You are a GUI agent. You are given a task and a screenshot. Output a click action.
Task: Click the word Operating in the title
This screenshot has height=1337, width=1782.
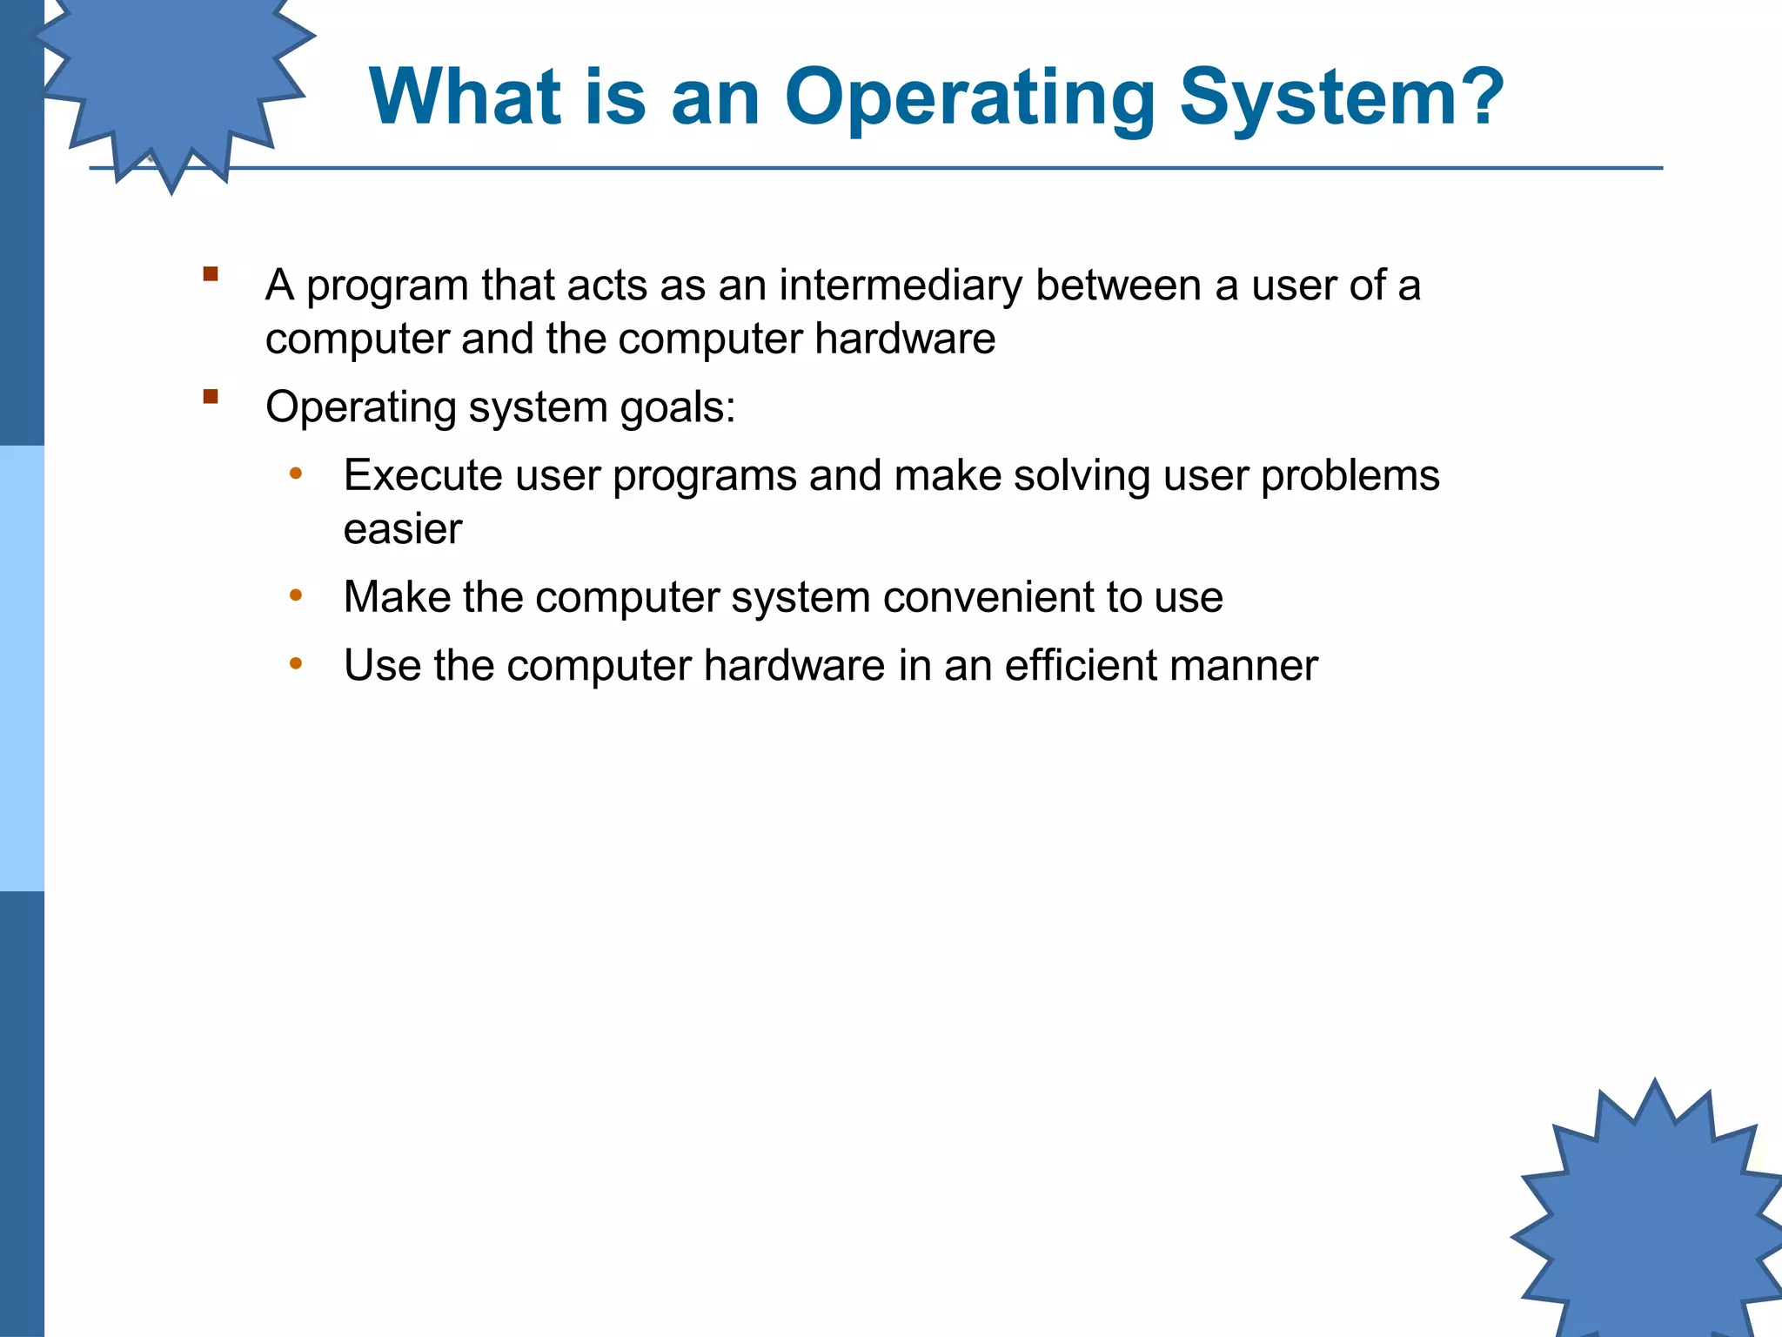coord(969,97)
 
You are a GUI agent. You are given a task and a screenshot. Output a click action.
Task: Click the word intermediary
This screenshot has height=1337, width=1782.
coord(901,286)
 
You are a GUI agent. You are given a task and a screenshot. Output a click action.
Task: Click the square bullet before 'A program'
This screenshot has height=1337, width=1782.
coord(210,274)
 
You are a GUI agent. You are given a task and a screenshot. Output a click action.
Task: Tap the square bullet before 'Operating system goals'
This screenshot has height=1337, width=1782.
coord(210,397)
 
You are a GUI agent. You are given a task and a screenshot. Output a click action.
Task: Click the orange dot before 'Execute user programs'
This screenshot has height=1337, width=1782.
coord(296,474)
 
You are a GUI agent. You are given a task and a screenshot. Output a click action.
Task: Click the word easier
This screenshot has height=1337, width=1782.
coord(402,529)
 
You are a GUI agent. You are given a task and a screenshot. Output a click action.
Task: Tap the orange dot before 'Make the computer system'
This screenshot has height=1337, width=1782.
coord(296,596)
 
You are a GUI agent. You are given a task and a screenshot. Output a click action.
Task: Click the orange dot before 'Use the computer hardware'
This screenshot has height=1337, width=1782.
coord(296,664)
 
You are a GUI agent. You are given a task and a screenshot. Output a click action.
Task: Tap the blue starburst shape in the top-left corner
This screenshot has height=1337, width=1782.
coord(174,78)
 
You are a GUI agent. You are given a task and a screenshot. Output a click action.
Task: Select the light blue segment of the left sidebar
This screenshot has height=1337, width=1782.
coord(22,668)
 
